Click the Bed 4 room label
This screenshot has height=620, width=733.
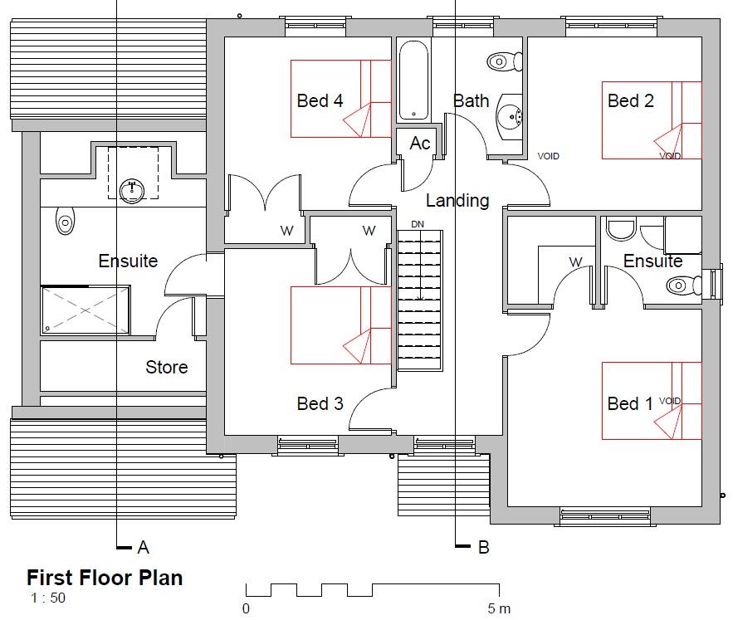point(320,101)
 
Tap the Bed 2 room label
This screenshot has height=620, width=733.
point(631,101)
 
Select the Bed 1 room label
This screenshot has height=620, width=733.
point(629,404)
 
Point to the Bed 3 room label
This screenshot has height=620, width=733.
point(320,404)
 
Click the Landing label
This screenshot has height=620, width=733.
point(457,201)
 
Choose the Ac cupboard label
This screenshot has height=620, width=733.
point(420,144)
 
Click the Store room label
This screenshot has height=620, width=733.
point(167,367)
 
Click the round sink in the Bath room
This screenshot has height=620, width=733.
point(508,117)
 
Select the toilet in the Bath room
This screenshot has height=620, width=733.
point(504,61)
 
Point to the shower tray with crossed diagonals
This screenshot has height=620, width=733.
point(86,310)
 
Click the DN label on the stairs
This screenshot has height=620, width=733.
point(418,225)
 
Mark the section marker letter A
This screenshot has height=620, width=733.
point(144,548)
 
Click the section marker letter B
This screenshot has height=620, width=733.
point(483,548)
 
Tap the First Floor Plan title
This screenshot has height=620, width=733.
point(105,578)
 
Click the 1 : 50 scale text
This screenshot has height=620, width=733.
point(48,598)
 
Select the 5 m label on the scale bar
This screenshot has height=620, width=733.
point(500,609)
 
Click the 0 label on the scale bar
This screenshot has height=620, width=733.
point(247,609)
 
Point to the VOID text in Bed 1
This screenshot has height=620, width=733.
point(670,401)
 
